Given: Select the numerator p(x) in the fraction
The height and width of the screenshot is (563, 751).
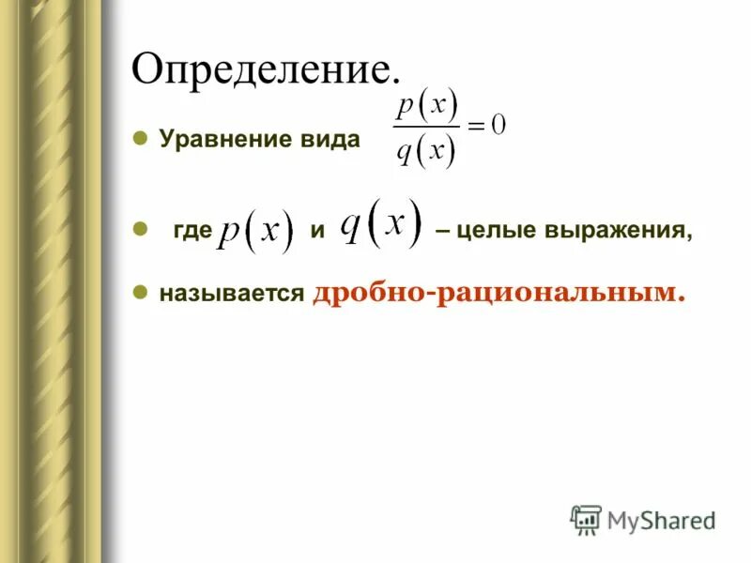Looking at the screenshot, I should [426, 105].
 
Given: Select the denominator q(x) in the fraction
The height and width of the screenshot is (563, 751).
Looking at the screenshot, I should [425, 150].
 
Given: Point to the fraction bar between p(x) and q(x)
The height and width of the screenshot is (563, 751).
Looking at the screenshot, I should [427, 128].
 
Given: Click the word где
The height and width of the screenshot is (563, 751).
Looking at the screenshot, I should [192, 232].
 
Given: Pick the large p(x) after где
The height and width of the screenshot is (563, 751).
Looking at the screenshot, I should [255, 232].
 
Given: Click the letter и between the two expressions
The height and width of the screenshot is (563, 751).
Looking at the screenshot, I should [317, 232].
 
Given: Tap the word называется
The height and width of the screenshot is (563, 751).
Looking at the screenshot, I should [232, 294].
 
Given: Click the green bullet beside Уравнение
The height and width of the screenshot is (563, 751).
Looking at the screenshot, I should [139, 138].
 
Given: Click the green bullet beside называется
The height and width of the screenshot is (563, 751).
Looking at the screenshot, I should [139, 292].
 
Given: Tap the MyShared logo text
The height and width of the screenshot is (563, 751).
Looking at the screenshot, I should [660, 519].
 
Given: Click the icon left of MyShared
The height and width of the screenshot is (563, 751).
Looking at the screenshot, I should [586, 519].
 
